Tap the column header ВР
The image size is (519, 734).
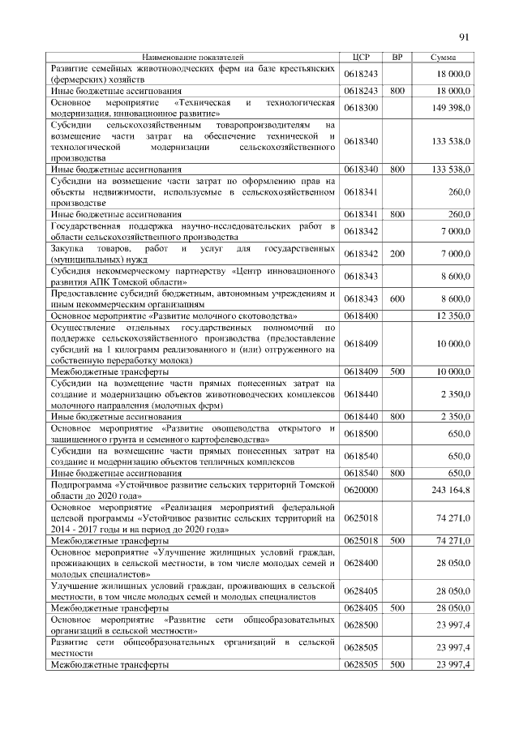click(397, 58)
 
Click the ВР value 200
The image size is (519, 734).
click(397, 254)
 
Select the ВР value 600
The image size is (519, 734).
click(397, 298)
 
